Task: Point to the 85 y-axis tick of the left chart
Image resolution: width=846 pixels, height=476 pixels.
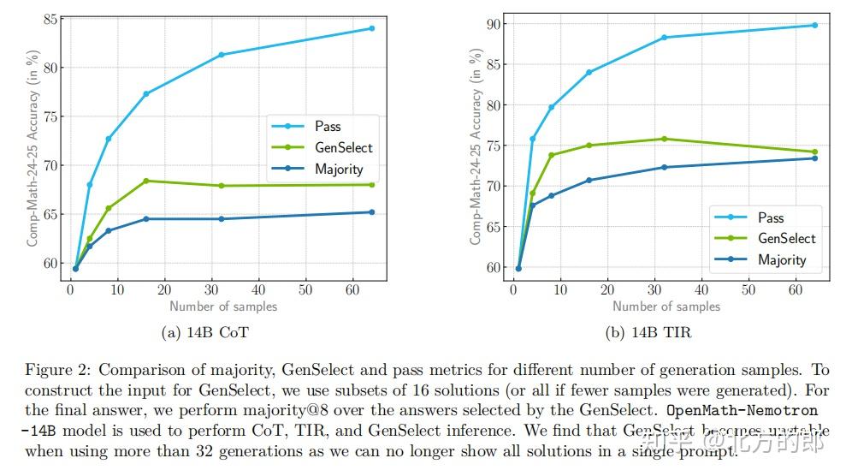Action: pyautogui.click(x=50, y=19)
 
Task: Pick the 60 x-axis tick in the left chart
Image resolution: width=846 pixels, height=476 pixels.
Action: pyautogui.click(x=352, y=290)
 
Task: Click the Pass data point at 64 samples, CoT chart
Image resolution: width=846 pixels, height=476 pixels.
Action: pyautogui.click(x=371, y=28)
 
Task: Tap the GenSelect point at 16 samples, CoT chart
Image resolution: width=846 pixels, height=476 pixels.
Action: pyautogui.click(x=146, y=181)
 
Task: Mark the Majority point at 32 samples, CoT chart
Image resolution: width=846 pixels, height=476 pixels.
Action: pyautogui.click(x=222, y=219)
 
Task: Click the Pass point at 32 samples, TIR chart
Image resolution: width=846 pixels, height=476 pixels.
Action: pyautogui.click(x=665, y=38)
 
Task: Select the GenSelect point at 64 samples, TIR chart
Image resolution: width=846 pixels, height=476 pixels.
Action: pyautogui.click(x=814, y=152)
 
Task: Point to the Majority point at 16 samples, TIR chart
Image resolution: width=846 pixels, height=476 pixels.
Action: pyautogui.click(x=589, y=180)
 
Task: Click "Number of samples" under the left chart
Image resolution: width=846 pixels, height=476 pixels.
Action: pyautogui.click(x=223, y=306)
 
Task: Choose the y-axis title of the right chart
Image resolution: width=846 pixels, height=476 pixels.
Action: pyautogui.click(x=476, y=146)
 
